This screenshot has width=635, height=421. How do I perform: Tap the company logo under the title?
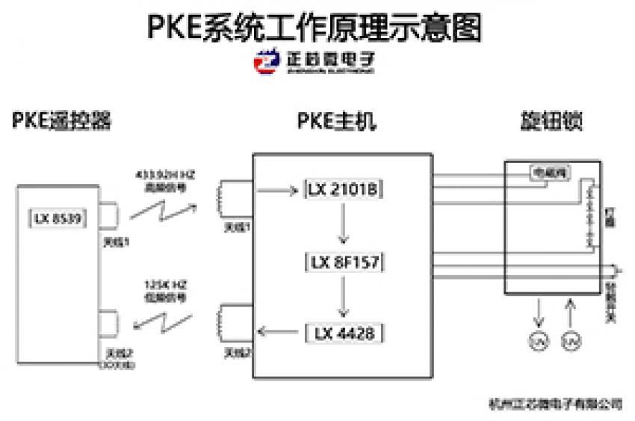(x=314, y=63)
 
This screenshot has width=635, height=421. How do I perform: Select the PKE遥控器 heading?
(x=61, y=120)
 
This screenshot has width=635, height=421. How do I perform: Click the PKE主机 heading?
(x=337, y=120)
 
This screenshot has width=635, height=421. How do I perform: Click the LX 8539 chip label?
(x=58, y=218)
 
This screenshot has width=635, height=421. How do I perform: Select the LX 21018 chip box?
(x=344, y=189)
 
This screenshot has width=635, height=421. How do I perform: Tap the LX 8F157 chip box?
(x=344, y=262)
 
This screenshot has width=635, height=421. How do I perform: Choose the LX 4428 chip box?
(x=344, y=333)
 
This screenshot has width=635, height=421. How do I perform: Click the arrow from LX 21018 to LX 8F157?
(x=344, y=225)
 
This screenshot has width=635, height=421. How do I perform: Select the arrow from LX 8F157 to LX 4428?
(x=344, y=298)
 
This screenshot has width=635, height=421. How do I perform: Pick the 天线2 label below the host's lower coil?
(x=234, y=351)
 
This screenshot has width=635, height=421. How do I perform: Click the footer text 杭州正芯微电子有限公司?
(x=554, y=404)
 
